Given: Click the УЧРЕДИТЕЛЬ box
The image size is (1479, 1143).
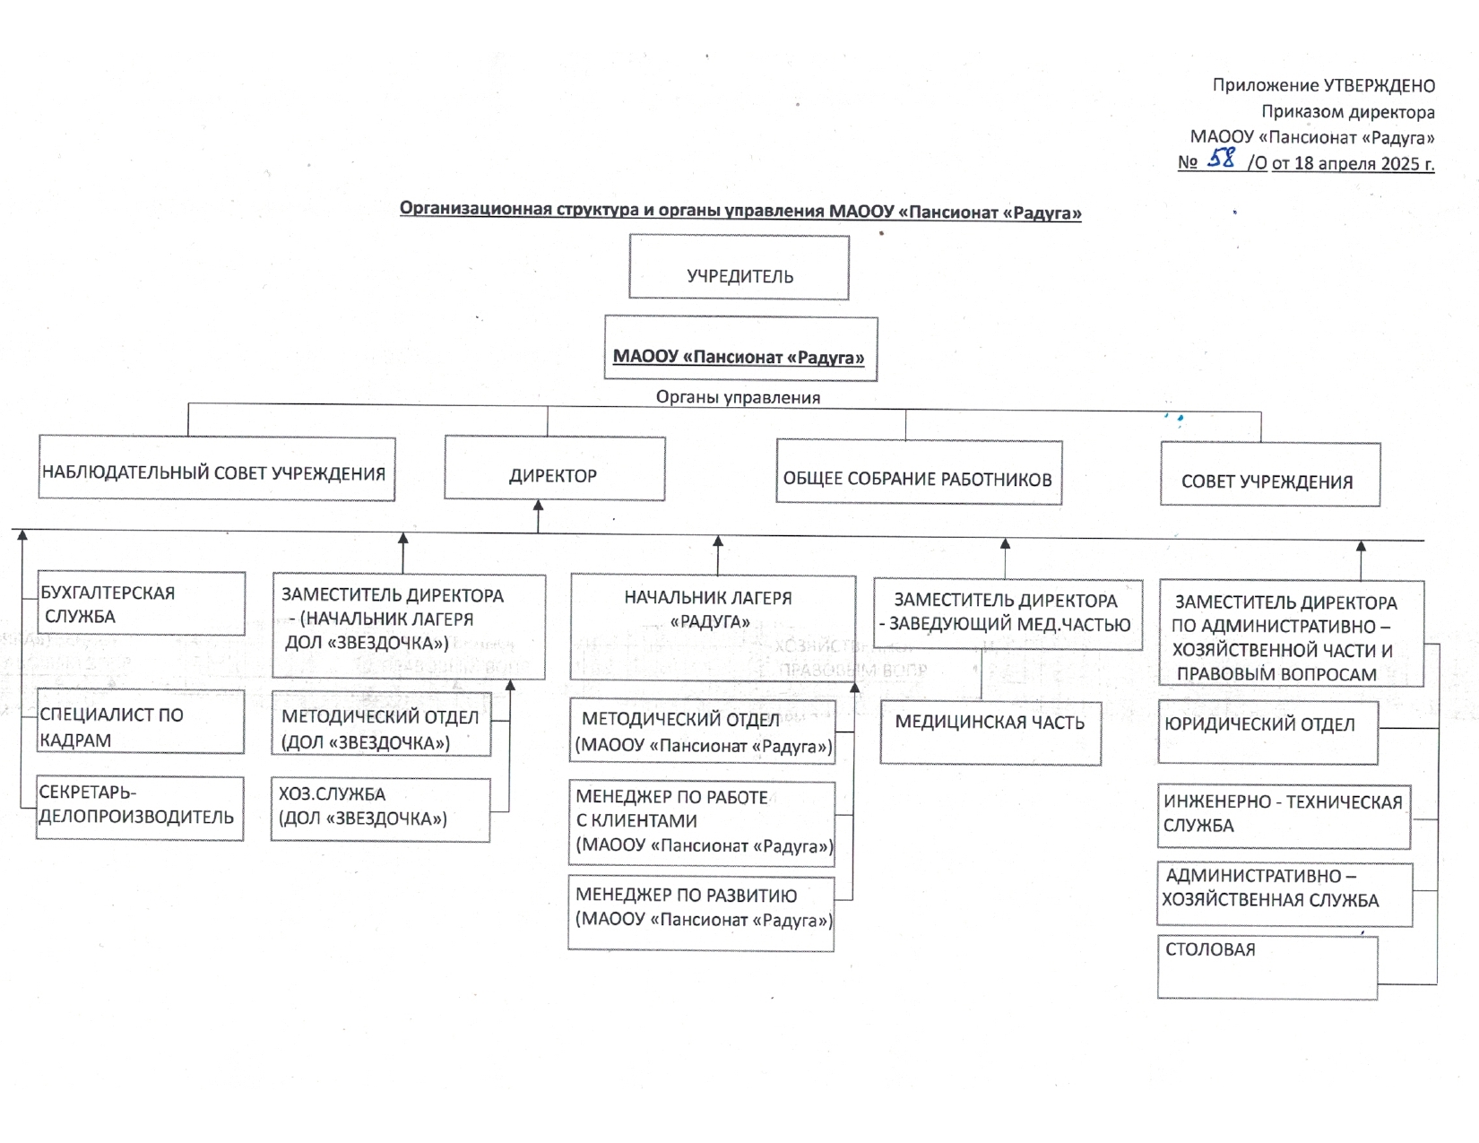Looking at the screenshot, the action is coord(739,267).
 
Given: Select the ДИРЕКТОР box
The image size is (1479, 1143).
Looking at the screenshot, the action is coord(555,468).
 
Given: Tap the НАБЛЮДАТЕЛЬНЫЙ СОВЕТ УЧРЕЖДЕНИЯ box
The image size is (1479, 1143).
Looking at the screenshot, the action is coord(216,468).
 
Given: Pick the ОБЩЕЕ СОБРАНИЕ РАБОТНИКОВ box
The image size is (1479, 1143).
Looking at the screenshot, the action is coord(919,472).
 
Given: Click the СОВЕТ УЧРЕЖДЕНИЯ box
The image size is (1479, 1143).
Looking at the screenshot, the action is coord(1270,474).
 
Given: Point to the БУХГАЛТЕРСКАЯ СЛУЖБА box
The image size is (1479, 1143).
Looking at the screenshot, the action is coord(141,603).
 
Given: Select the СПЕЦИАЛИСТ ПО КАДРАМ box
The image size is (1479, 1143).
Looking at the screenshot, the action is coord(140,722).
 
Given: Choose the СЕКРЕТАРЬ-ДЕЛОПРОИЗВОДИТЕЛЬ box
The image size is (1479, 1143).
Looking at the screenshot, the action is coord(140,808).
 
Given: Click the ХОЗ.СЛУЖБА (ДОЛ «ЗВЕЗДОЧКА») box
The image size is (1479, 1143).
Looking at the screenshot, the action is coord(380,810).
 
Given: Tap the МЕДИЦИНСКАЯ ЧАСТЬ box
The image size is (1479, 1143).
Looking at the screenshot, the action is coord(990,734).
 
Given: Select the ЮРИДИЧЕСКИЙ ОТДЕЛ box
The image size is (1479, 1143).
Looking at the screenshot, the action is coord(1268,733).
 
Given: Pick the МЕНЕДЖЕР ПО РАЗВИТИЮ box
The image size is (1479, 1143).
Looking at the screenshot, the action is coord(701,914).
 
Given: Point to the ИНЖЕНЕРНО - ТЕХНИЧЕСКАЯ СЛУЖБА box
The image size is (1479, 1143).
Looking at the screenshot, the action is coord(1284,817).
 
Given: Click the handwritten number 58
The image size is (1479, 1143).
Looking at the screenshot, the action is coord(1221,159).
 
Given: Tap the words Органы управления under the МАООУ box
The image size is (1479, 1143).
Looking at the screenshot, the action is coord(738,397).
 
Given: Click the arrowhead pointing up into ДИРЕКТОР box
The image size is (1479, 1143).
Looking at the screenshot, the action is coord(539,506).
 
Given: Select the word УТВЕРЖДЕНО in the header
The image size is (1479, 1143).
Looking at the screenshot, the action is coord(1379,86).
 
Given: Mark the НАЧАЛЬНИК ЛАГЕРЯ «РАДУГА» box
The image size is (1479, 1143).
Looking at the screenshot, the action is coord(713,628).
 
